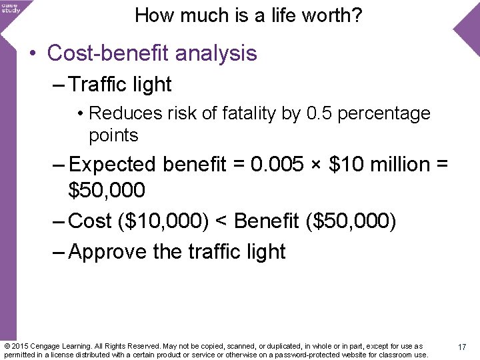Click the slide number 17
point(461,347)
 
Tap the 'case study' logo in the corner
point(11,7)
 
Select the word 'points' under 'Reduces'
point(113,135)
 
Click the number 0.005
point(279,164)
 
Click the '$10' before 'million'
point(346,164)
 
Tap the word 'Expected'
point(112,164)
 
